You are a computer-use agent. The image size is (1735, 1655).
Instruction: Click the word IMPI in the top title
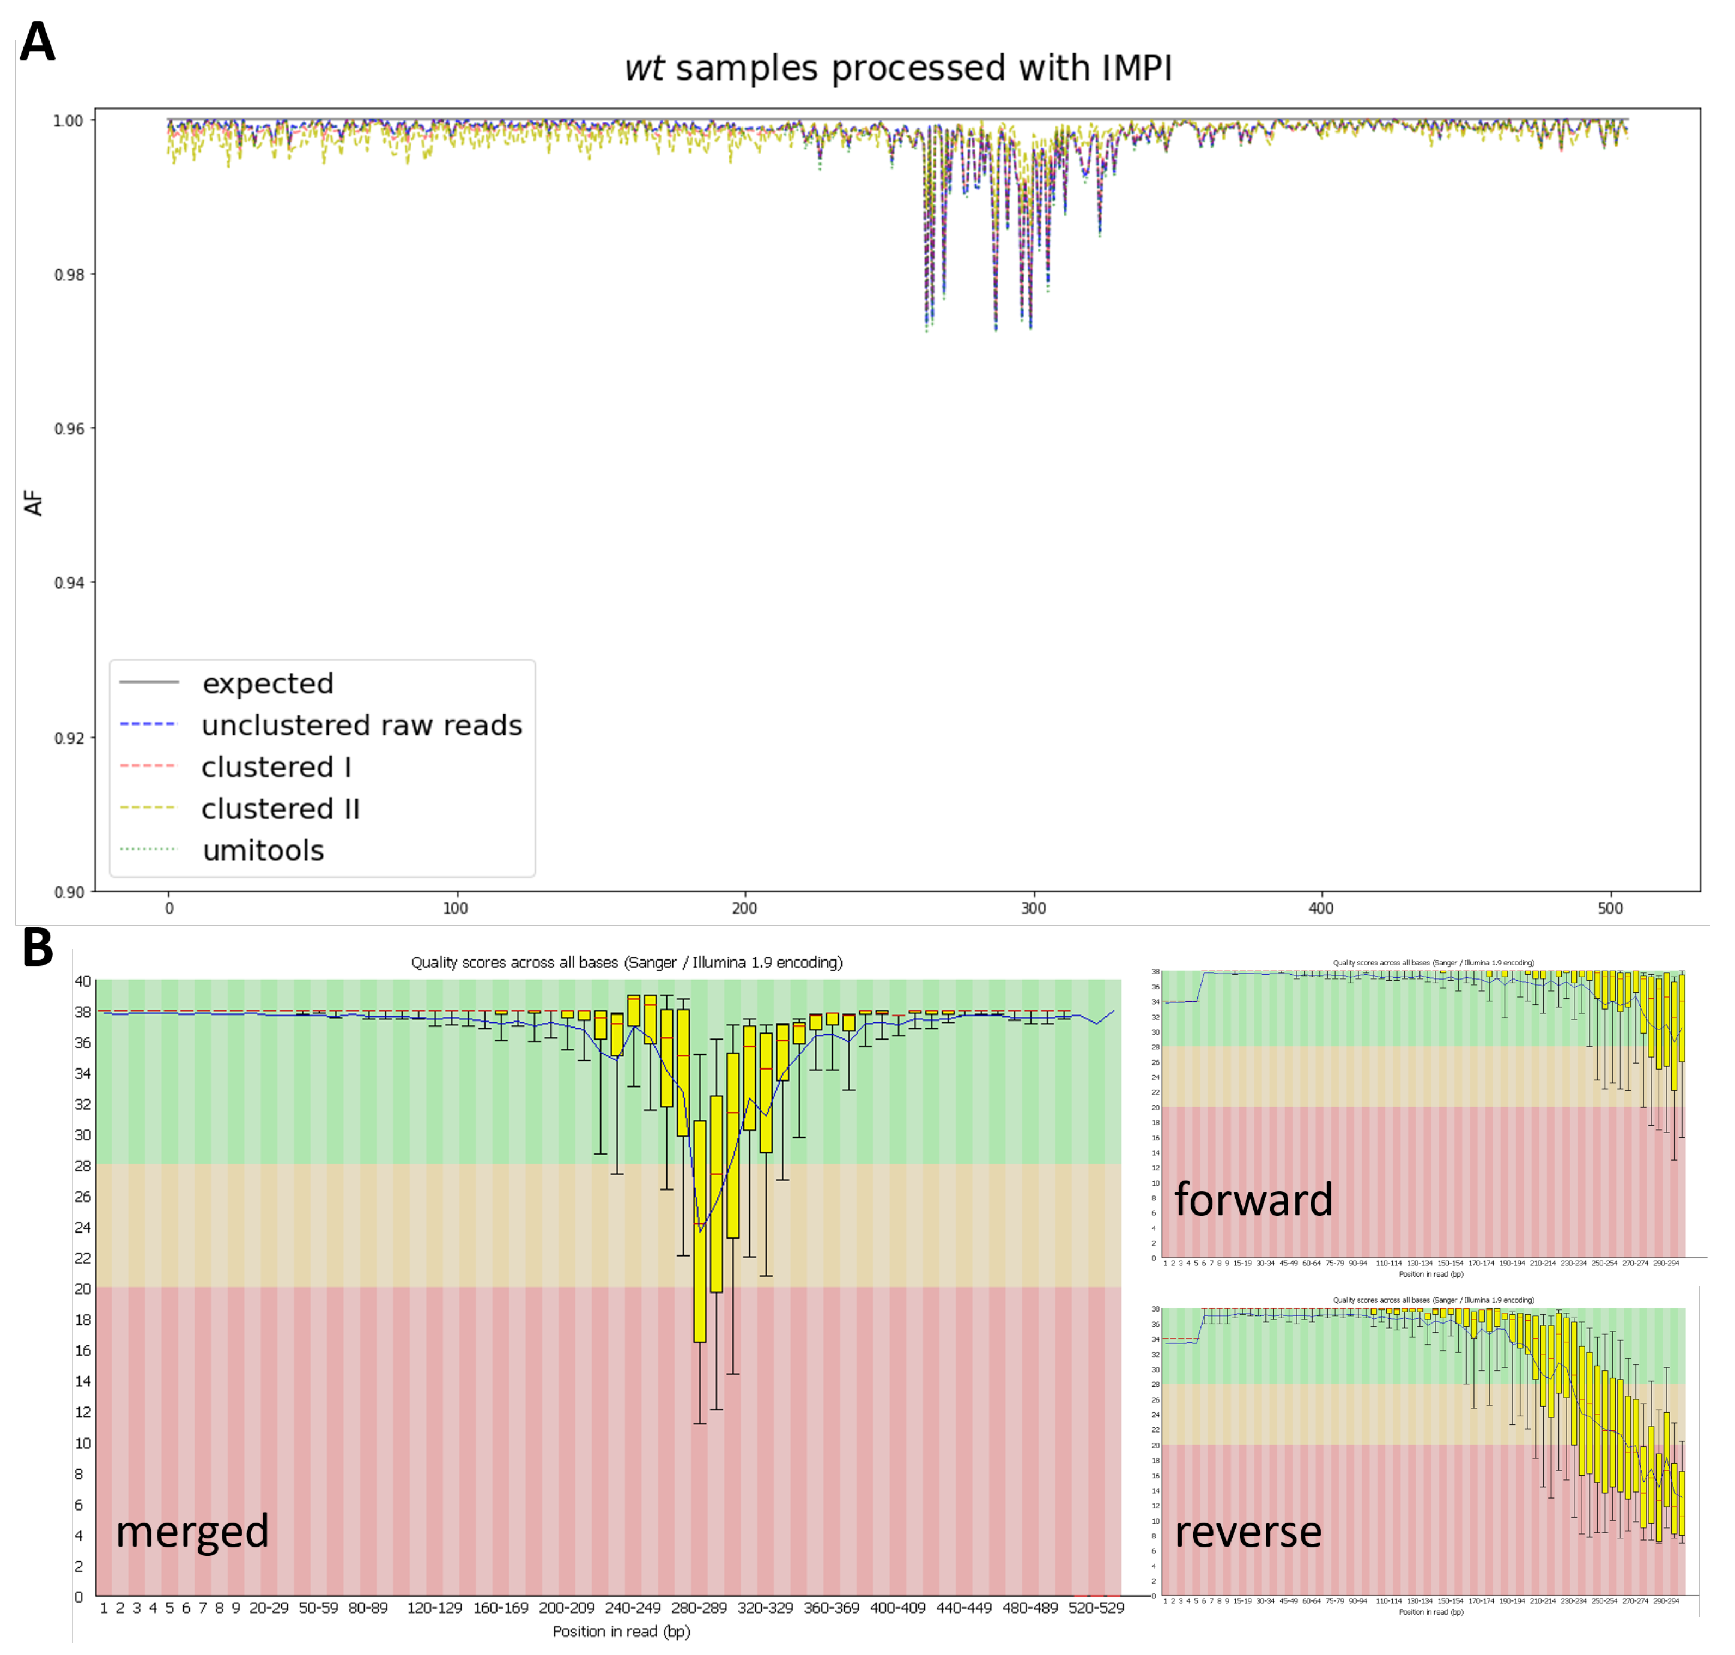click(x=1132, y=68)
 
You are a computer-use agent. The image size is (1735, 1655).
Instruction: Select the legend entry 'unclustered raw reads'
click(x=362, y=725)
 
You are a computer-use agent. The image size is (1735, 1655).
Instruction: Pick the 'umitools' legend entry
click(x=263, y=850)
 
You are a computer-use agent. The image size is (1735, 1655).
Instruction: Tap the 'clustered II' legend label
click(x=281, y=809)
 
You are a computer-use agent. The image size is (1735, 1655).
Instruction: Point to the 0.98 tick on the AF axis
click(x=70, y=274)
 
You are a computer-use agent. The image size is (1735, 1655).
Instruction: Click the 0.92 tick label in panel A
click(x=70, y=738)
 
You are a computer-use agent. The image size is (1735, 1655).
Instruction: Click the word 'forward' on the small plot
click(x=1253, y=1200)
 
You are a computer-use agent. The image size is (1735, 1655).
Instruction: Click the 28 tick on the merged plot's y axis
click(x=83, y=1165)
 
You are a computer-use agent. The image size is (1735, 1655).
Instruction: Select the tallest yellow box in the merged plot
click(x=700, y=1231)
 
